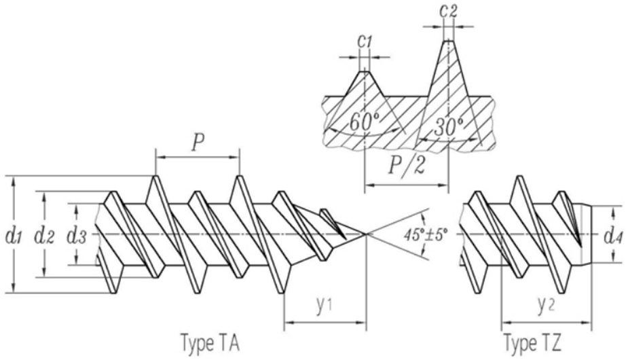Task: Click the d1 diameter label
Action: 13,236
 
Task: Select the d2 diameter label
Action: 44,236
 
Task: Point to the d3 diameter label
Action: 76,236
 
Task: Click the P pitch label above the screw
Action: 198,143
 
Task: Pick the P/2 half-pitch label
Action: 407,165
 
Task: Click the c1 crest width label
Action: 365,41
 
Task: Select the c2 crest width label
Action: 448,10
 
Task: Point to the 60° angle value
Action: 364,122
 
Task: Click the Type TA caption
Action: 210,344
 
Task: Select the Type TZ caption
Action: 533,344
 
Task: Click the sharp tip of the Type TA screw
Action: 366,234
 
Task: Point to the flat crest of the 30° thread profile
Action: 448,41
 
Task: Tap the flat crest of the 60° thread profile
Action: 365,72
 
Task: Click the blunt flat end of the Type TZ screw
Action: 592,235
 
